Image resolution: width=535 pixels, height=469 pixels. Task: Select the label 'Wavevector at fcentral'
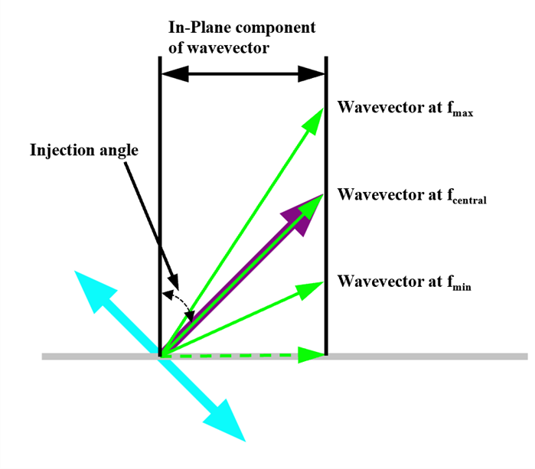tap(413, 195)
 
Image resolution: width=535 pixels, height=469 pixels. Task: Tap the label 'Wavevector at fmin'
tap(406, 282)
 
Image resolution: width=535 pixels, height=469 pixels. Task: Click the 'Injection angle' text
tap(84, 149)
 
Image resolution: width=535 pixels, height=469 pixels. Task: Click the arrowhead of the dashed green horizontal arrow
tap(311, 354)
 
